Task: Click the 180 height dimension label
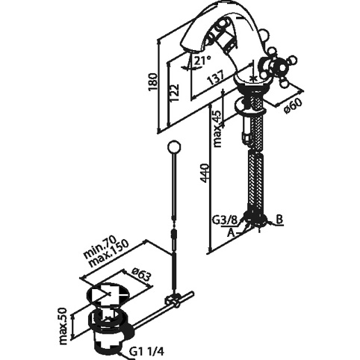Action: pos(153,82)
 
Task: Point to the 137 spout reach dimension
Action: pos(215,78)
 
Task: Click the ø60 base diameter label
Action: pos(293,105)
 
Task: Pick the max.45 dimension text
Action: pos(217,128)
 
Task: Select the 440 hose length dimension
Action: pos(205,173)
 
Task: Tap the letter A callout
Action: pos(232,233)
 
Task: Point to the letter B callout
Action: pos(279,220)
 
